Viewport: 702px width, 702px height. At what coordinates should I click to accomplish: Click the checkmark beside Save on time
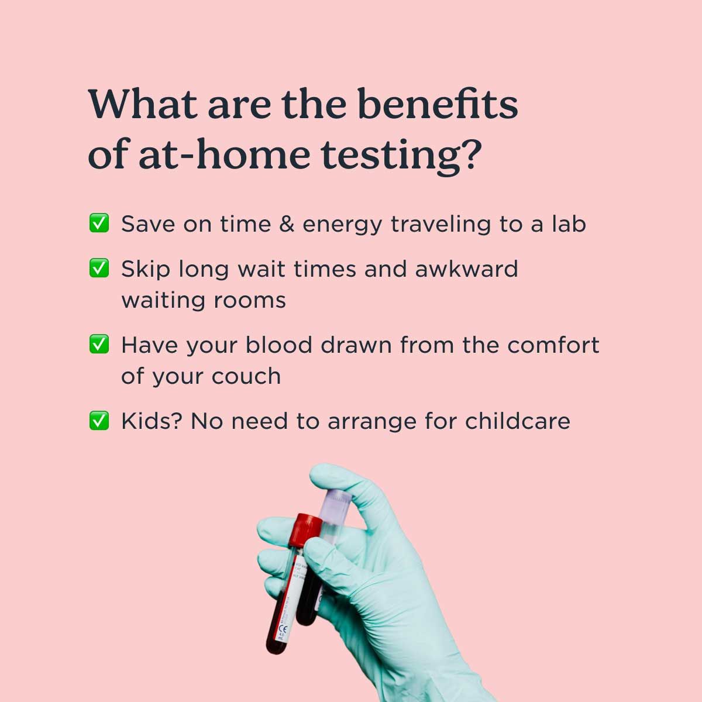pos(99,223)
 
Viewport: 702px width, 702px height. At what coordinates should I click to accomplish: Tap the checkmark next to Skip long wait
pos(99,269)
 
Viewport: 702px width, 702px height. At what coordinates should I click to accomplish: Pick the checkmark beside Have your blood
pos(99,344)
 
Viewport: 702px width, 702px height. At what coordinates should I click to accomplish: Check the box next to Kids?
pos(99,420)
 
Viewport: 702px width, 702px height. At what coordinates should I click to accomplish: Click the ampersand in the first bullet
pos(287,223)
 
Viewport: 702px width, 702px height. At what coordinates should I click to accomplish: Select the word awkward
pos(466,269)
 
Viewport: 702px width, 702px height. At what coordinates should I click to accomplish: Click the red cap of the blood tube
pos(305,528)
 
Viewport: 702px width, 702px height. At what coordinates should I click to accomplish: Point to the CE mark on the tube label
pos(283,629)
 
